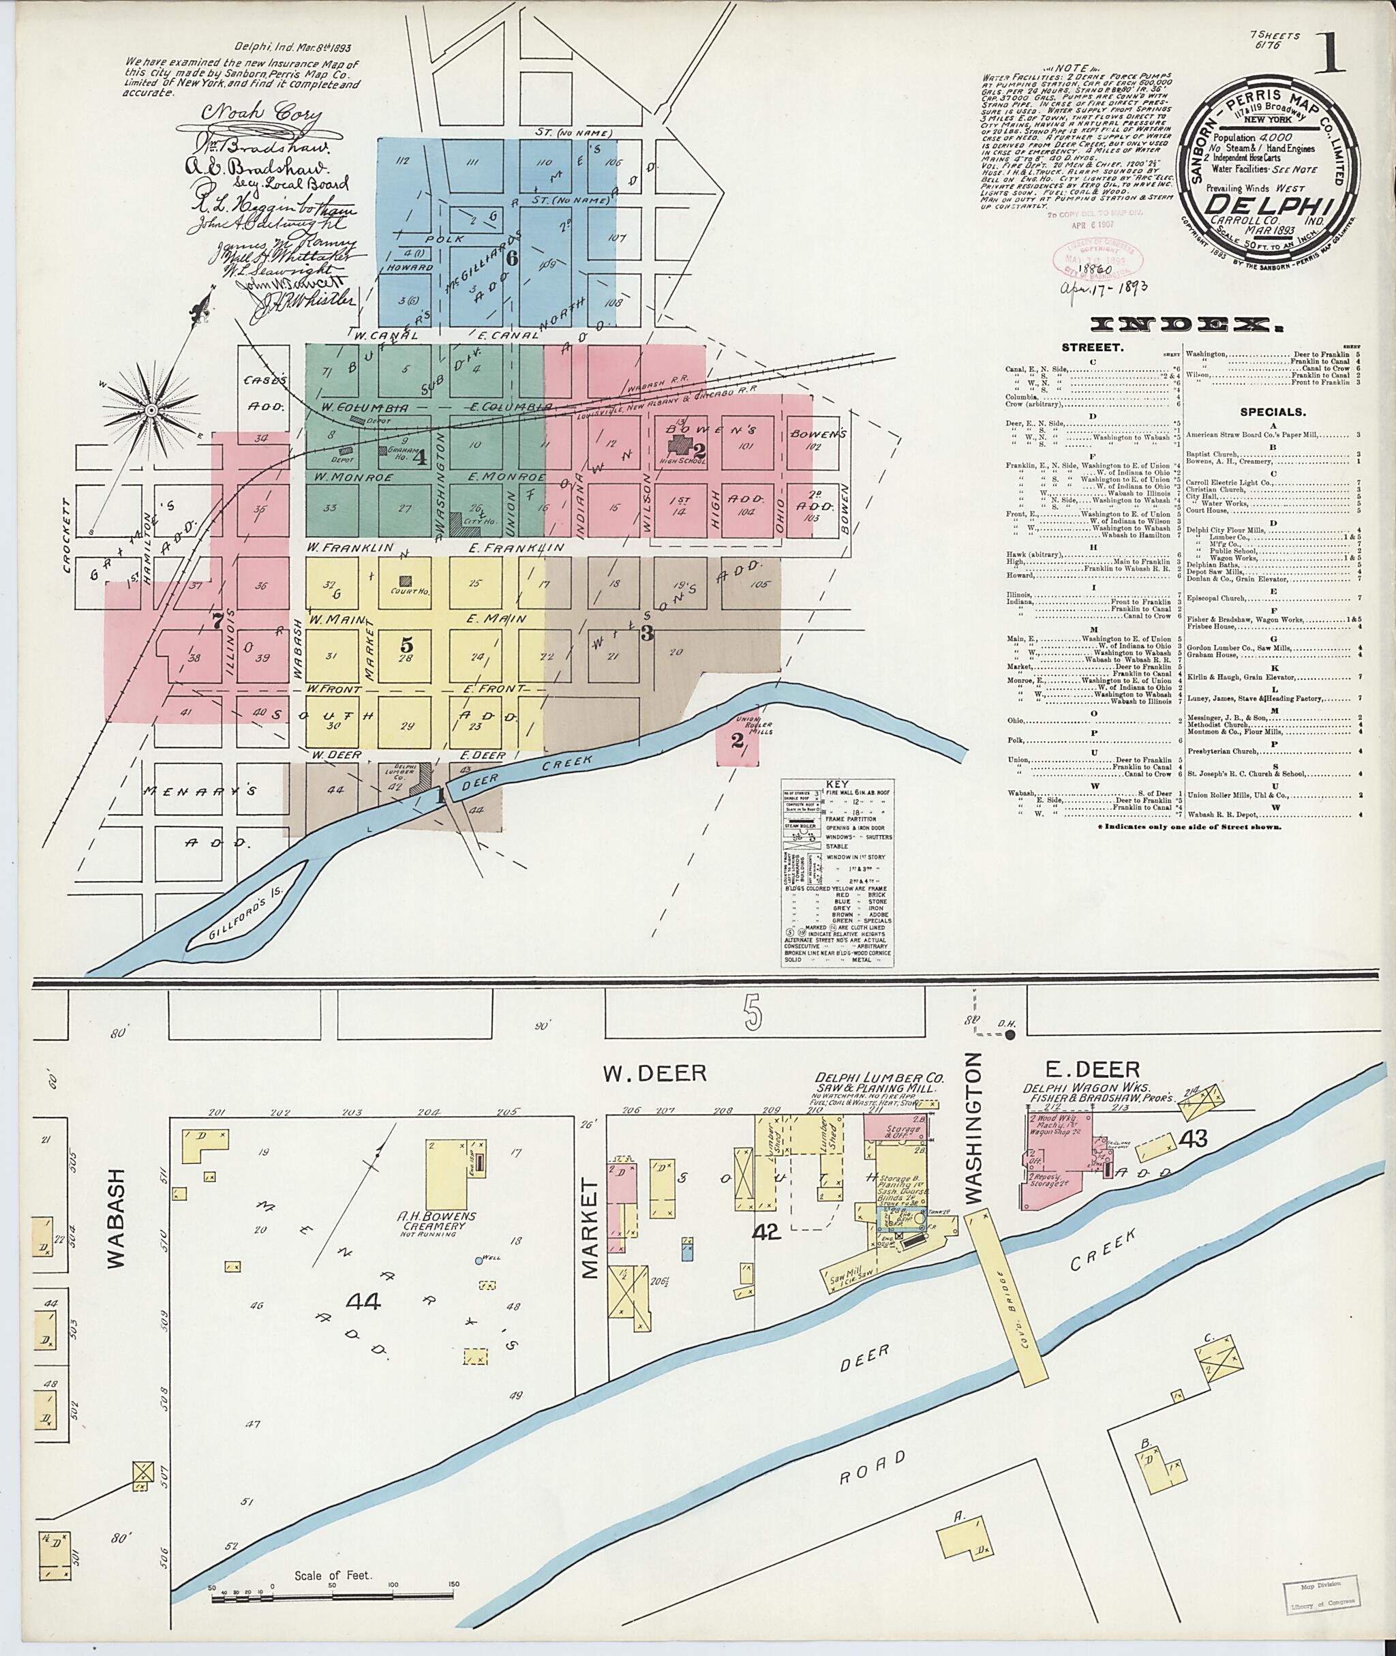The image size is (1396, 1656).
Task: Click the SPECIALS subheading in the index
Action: pos(1273,412)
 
